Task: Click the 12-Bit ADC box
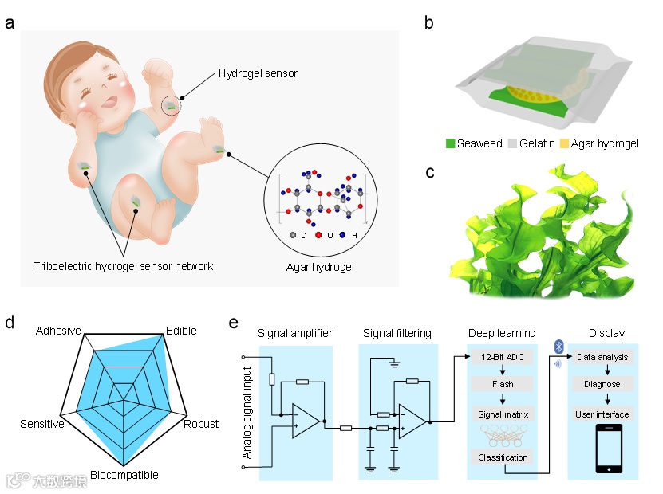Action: pyautogui.click(x=503, y=358)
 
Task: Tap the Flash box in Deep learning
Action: pyautogui.click(x=503, y=384)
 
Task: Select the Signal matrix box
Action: pyautogui.click(x=503, y=414)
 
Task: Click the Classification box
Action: pyautogui.click(x=503, y=457)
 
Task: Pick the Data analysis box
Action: pyautogui.click(x=602, y=358)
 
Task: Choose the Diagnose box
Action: pyautogui.click(x=602, y=384)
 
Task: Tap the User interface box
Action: pyautogui.click(x=602, y=414)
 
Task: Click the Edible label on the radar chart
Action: pyautogui.click(x=180, y=331)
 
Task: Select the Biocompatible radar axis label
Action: pyautogui.click(x=124, y=476)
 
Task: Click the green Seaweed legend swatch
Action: pyautogui.click(x=451, y=144)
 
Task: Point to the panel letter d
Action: pyautogui.click(x=10, y=323)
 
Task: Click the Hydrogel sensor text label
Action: pyautogui.click(x=258, y=74)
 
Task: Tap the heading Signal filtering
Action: pyautogui.click(x=397, y=333)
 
